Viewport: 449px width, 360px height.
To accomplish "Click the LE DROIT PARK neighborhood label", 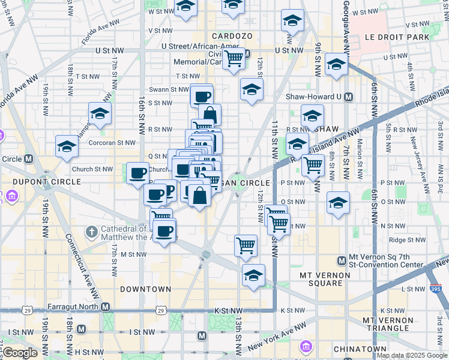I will click(398, 37).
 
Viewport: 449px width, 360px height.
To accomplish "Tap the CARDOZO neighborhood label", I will click(231, 36).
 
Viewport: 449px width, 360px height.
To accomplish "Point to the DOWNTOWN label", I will click(145, 289).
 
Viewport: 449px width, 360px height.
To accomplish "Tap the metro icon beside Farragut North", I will click(106, 307).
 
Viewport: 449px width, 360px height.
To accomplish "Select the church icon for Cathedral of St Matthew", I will click(91, 231).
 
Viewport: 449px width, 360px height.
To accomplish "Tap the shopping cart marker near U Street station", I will click(234, 59).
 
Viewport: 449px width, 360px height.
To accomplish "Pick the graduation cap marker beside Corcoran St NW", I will click(67, 146).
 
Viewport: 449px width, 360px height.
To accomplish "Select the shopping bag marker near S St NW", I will click(209, 114).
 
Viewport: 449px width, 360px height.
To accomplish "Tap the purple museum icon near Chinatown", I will click(306, 346).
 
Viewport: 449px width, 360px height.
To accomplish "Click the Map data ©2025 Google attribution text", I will click(412, 355).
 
